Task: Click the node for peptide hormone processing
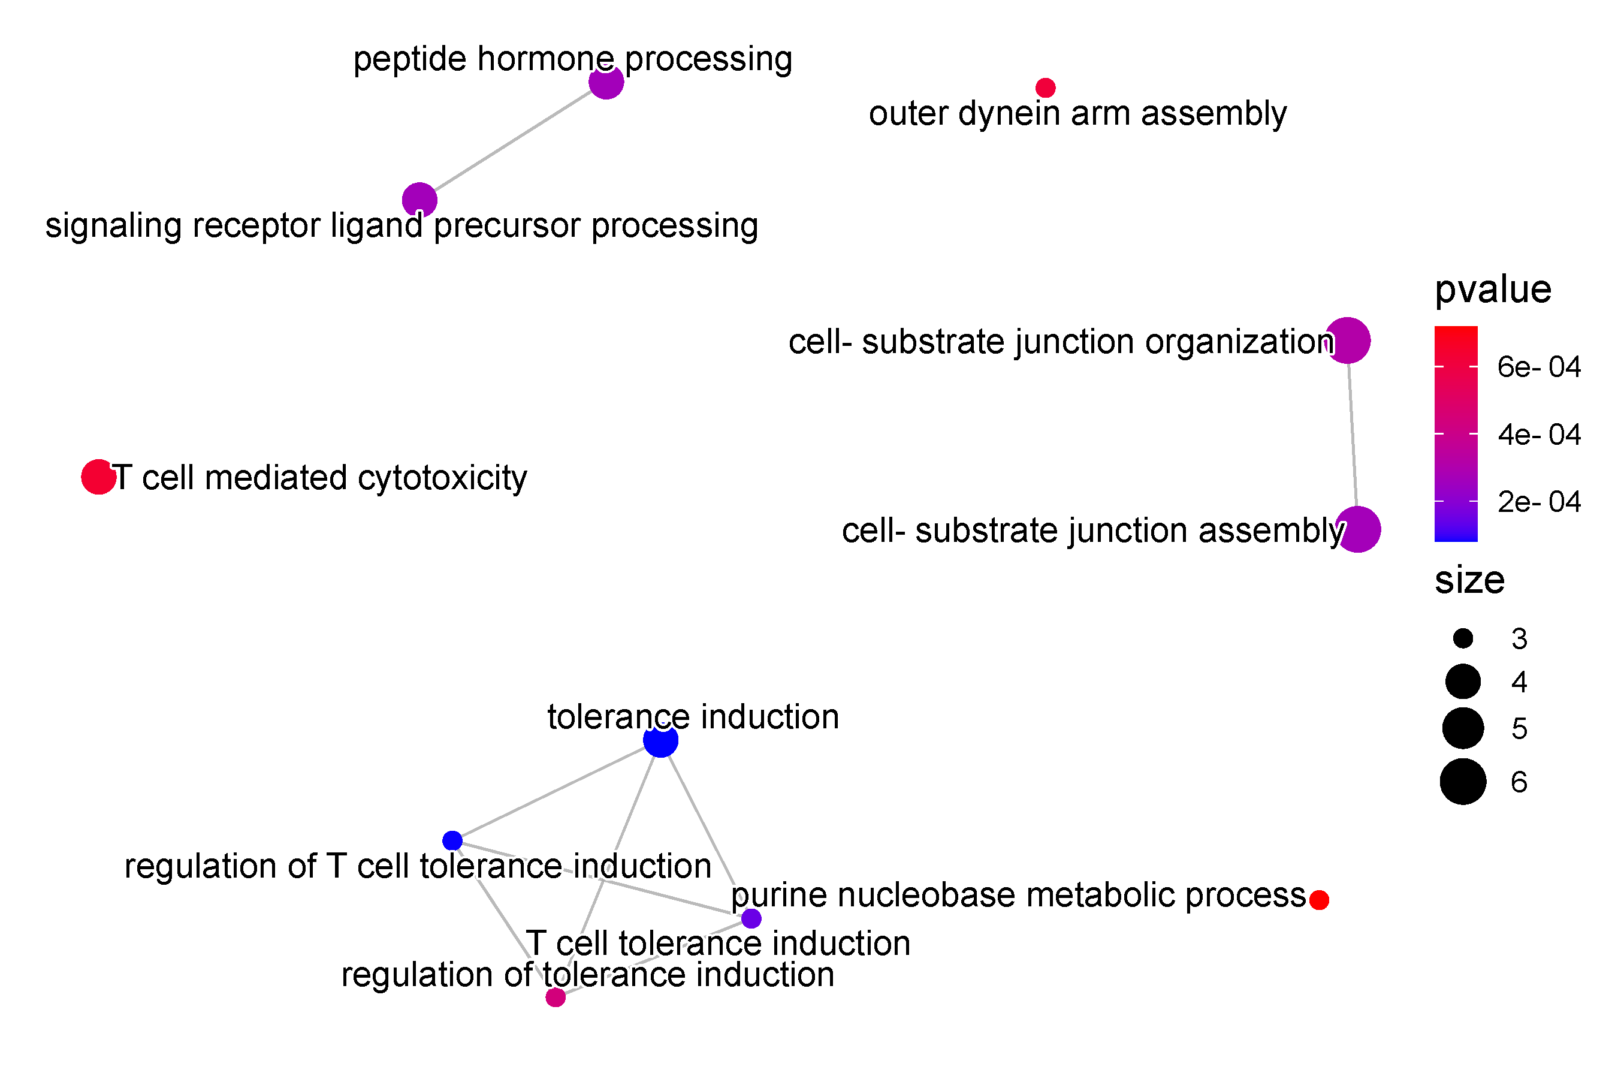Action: click(606, 82)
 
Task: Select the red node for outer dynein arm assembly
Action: click(1046, 88)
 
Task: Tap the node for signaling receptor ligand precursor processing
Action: click(419, 200)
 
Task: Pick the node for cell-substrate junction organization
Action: click(1348, 340)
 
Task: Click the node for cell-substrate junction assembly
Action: click(1358, 529)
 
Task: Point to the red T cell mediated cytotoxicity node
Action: click(98, 476)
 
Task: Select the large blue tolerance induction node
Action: click(660, 740)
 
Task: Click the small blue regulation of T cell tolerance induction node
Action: click(452, 840)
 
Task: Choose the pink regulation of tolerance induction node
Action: click(555, 997)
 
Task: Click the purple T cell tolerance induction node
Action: click(751, 918)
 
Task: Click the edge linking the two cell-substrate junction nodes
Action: click(1353, 435)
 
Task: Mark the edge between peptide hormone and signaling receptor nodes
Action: click(512, 141)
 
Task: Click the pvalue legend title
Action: click(1493, 289)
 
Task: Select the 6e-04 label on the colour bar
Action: click(1539, 367)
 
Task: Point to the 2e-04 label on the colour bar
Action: click(1539, 502)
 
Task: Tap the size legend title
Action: click(1469, 580)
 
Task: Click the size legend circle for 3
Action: click(1463, 638)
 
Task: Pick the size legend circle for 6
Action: click(1463, 782)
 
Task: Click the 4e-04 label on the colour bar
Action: click(1539, 434)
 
